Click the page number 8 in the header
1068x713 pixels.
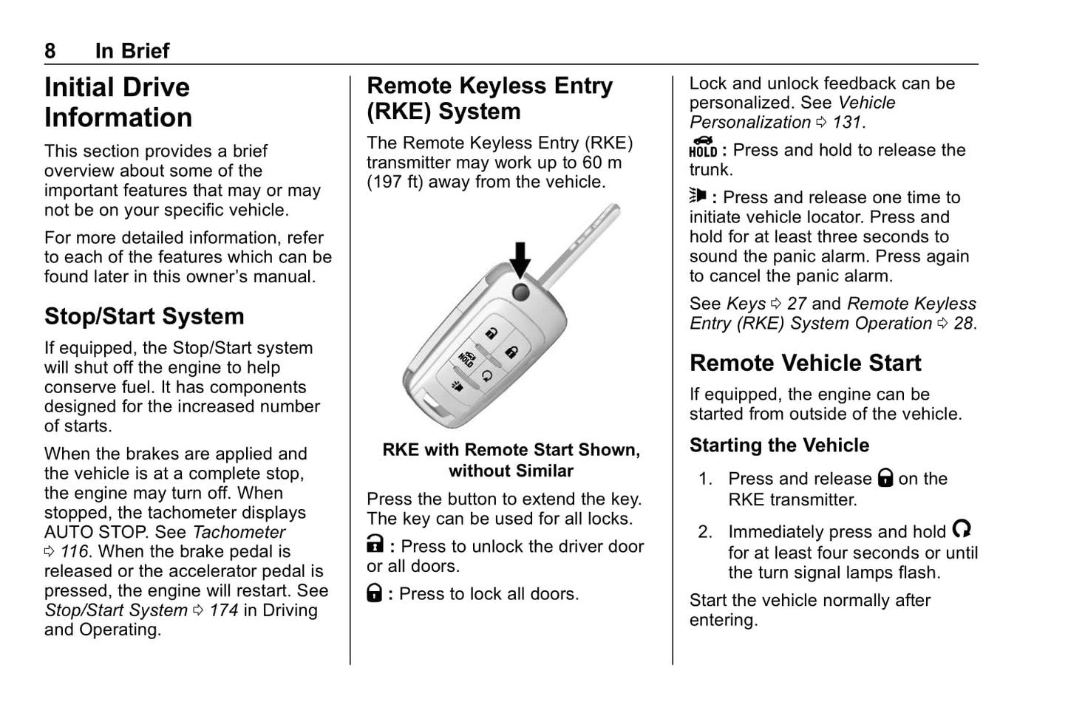point(50,51)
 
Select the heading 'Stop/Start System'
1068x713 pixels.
point(144,316)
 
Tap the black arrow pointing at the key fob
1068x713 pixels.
point(521,259)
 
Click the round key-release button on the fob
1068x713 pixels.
point(521,292)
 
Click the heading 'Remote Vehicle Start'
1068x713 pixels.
point(805,363)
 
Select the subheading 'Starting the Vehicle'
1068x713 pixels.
point(779,446)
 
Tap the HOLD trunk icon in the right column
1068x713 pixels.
point(702,147)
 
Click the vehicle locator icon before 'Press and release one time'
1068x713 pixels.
point(698,196)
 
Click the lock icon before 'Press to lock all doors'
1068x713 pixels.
point(375,593)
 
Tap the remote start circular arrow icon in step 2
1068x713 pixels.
point(961,529)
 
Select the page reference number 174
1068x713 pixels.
point(223,610)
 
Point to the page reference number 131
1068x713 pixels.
point(846,122)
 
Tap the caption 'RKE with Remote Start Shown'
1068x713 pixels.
point(511,450)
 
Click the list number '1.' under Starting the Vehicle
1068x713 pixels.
point(705,479)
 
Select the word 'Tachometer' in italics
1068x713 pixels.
point(239,532)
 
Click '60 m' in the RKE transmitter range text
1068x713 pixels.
point(602,163)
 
